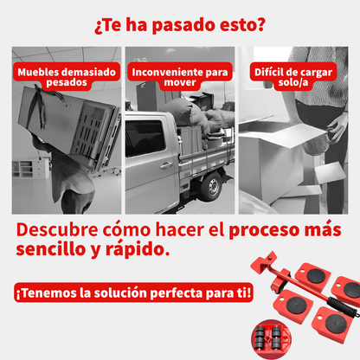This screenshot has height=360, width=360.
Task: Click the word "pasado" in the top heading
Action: (x=183, y=25)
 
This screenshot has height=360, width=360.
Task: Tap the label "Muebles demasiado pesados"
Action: (x=67, y=76)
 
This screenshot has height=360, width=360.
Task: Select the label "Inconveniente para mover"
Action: (x=180, y=76)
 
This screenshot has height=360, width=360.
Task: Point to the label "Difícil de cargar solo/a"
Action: (x=293, y=76)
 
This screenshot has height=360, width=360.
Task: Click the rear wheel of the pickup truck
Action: (x=212, y=185)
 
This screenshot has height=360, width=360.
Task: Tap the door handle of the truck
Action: (x=166, y=165)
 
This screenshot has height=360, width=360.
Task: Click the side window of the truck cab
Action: (x=145, y=138)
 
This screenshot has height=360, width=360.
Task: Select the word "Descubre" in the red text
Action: (x=57, y=229)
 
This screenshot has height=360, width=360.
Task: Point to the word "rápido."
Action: (x=138, y=249)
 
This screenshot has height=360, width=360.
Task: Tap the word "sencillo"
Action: (x=51, y=248)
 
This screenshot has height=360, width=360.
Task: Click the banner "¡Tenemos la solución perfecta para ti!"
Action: (x=133, y=292)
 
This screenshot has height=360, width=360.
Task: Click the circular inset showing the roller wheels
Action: (x=271, y=338)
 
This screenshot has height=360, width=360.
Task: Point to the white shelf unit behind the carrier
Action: (x=31, y=168)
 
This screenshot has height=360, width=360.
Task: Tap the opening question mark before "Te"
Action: (x=98, y=28)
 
